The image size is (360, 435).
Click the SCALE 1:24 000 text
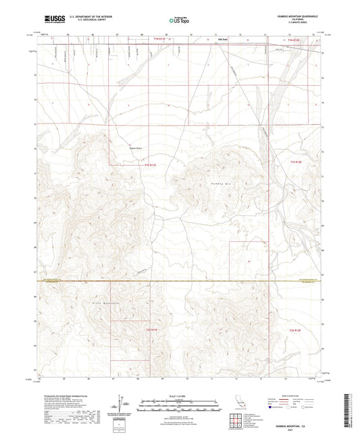coord(179,395)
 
